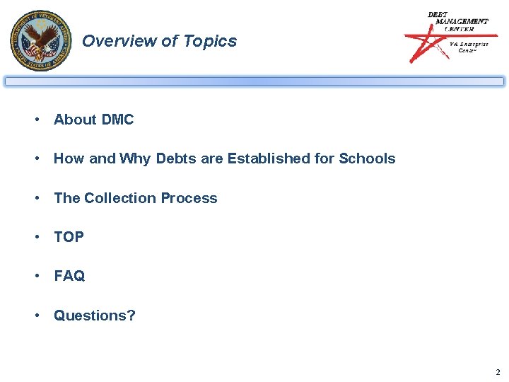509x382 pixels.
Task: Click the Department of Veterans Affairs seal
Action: pyautogui.click(x=41, y=40)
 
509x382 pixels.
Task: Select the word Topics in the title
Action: pyautogui.click(x=210, y=41)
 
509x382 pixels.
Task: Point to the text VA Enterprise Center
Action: pyautogui.click(x=469, y=47)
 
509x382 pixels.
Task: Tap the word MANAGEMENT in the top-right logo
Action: pyautogui.click(x=462, y=21)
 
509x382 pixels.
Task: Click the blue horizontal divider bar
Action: pyautogui.click(x=255, y=81)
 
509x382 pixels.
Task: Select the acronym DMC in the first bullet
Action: pyautogui.click(x=117, y=120)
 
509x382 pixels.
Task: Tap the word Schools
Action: pyautogui.click(x=367, y=158)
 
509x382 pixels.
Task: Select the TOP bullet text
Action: pyautogui.click(x=69, y=237)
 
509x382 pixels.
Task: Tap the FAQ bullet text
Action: pyautogui.click(x=69, y=276)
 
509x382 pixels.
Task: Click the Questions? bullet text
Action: pyautogui.click(x=95, y=316)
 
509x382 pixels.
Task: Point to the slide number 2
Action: pyautogui.click(x=498, y=372)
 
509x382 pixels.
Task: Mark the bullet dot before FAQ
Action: pyautogui.click(x=36, y=277)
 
